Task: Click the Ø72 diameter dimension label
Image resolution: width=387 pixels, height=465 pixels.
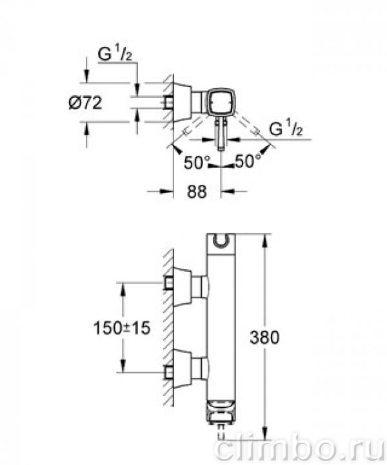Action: (x=85, y=103)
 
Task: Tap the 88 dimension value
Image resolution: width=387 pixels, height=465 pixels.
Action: (x=197, y=191)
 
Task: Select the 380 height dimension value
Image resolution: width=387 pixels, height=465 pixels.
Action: (x=264, y=337)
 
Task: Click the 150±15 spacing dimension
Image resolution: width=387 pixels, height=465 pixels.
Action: (x=122, y=328)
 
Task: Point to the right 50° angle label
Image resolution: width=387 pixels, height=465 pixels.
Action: (x=248, y=161)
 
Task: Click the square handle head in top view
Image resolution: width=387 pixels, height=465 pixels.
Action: (x=221, y=102)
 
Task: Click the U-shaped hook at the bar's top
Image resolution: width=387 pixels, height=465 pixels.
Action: (x=221, y=241)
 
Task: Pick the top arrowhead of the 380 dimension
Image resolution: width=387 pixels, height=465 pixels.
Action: (x=264, y=242)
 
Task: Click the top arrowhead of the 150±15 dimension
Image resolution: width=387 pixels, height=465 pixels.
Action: (x=123, y=289)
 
